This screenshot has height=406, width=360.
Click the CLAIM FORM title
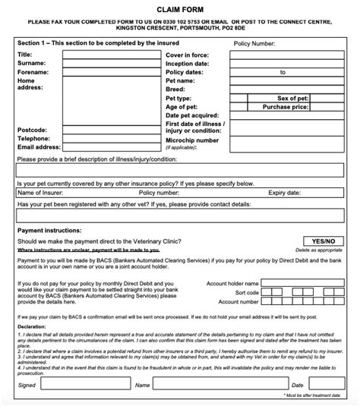pos(180,8)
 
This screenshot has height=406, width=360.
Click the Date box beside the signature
pos(327,385)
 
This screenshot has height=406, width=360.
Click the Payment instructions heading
pos(49,229)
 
